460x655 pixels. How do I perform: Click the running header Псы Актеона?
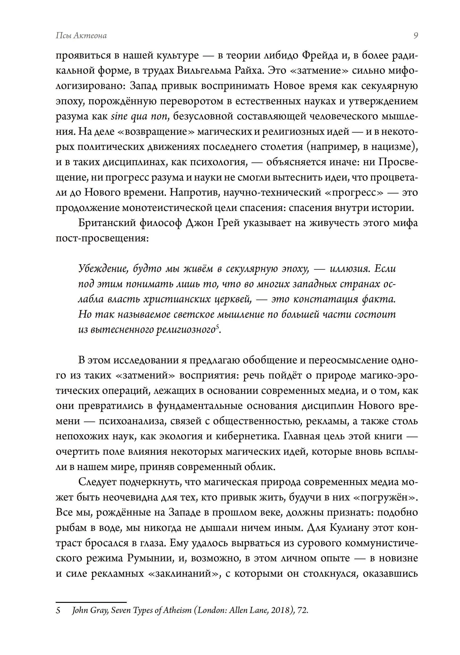click(x=81, y=36)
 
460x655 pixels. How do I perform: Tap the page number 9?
click(x=415, y=36)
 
